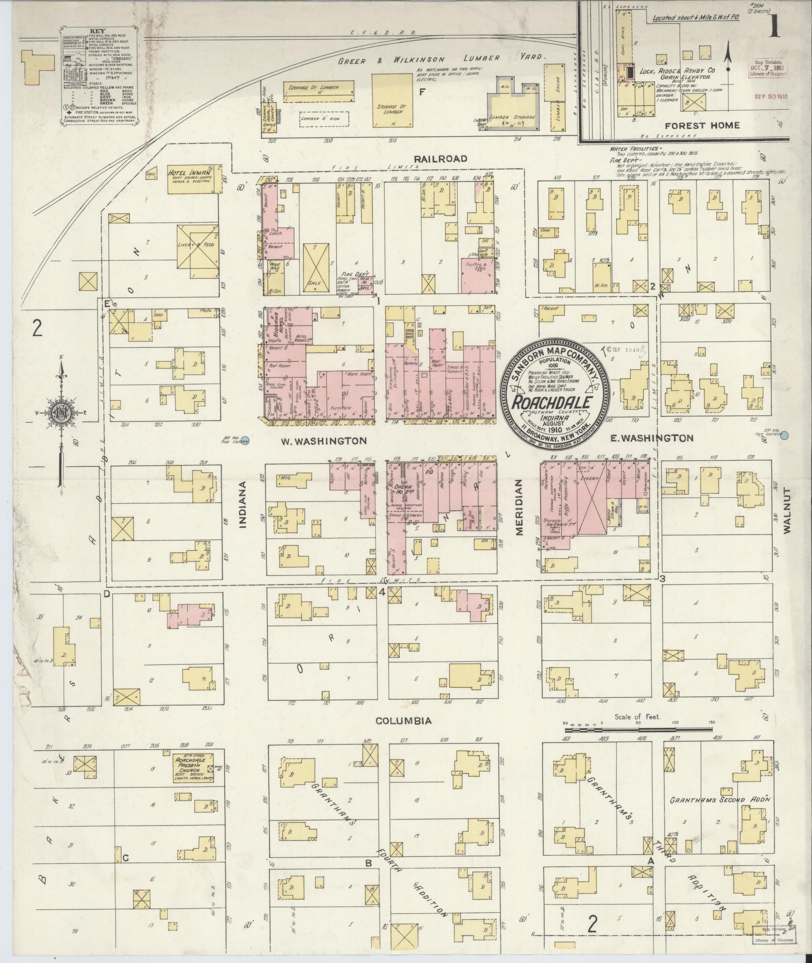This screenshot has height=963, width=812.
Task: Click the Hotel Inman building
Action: coord(194,179)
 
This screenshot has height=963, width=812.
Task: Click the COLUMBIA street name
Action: coord(404,721)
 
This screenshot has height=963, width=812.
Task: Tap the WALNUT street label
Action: coord(788,510)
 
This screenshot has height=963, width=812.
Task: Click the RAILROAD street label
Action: coord(440,159)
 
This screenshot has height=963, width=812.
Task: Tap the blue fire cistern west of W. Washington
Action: coord(244,439)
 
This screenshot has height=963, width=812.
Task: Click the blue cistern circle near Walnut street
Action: coord(784,435)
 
